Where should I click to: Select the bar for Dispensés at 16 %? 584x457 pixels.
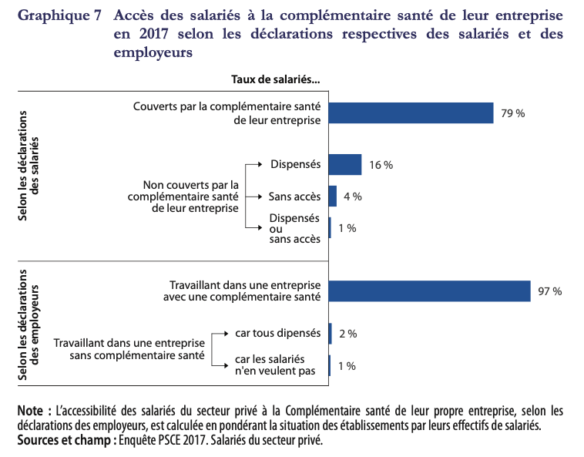coord(345,164)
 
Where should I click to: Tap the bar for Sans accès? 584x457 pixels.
coord(333,197)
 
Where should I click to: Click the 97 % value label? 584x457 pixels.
coord(549,291)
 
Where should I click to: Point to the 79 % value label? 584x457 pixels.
coord(512,113)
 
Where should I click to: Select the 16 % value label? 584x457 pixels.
coord(381,165)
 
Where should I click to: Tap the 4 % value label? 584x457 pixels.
coord(352,197)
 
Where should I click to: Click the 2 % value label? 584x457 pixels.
coord(347,334)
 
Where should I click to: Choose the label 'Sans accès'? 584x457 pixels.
coord(294,196)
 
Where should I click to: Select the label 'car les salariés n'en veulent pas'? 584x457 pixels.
coord(270,365)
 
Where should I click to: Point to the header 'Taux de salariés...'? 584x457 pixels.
coord(275,79)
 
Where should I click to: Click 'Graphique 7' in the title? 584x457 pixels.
coord(59,16)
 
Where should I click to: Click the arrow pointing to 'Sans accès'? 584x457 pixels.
coord(256,196)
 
